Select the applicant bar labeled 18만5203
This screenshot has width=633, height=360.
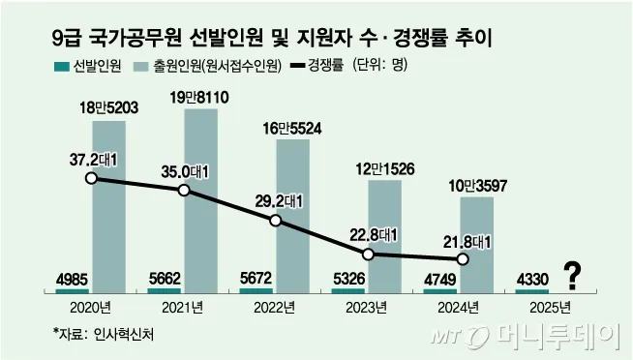click(x=108, y=205)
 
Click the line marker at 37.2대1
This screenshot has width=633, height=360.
click(x=91, y=177)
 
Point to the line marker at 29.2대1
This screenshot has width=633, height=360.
click(x=276, y=221)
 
